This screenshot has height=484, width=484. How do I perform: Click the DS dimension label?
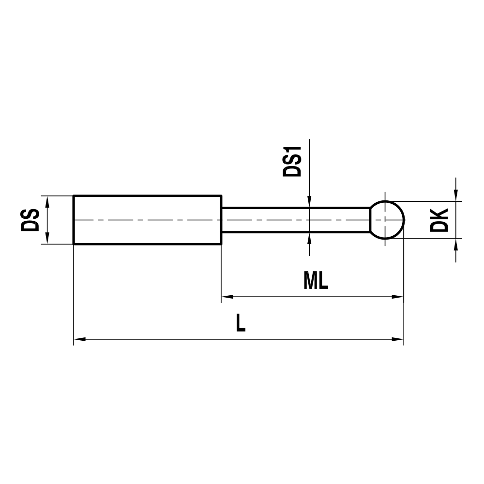tap(30, 220)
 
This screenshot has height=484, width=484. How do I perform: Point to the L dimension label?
tap(241, 323)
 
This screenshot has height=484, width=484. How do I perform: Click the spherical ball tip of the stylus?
tap(387, 220)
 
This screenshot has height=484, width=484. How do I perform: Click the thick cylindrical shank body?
tap(148, 220)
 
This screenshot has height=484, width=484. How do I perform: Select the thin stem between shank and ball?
tap(295, 220)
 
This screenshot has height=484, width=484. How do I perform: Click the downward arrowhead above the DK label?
tap(455, 195)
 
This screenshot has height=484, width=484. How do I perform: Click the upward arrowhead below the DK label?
tap(455, 244)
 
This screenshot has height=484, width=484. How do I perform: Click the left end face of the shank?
tap(74, 220)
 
